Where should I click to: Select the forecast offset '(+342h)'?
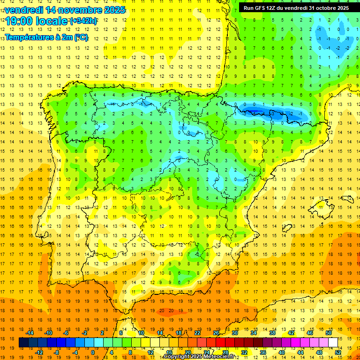[x=83, y=21]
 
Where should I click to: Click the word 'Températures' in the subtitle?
[x=32, y=37]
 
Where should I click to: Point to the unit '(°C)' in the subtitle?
[x=80, y=37]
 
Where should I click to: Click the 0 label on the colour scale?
[x=93, y=352]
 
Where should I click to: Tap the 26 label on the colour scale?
[x=216, y=333]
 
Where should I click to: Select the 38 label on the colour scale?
[x=272, y=333]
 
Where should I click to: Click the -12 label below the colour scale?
[x=39, y=352]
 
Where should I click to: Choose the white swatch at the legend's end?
[x=333, y=343]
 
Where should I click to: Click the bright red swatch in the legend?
[x=221, y=343]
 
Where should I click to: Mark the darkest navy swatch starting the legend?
[x=23, y=343]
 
